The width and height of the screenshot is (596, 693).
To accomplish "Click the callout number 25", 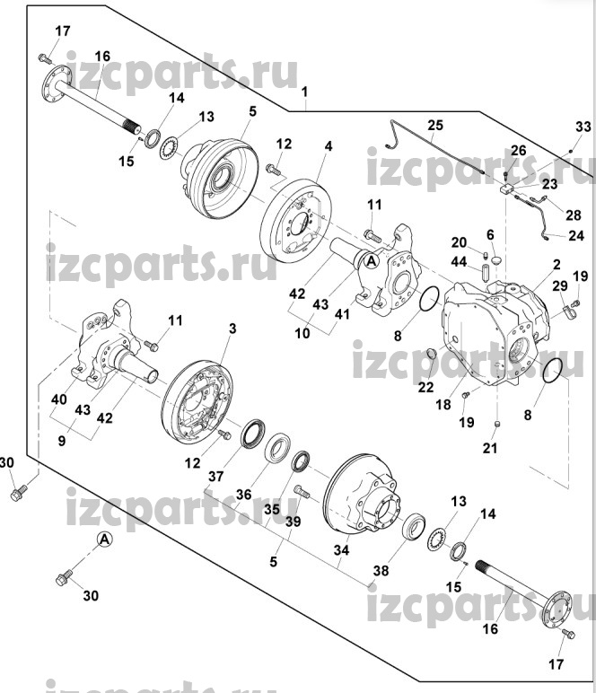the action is click(x=434, y=125).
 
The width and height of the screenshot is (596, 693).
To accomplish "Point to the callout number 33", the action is click(x=583, y=127).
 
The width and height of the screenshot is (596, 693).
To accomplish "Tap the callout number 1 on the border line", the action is click(x=304, y=92).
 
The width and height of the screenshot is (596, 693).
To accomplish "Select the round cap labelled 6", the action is click(x=495, y=259).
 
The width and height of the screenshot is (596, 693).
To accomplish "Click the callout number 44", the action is click(x=459, y=262).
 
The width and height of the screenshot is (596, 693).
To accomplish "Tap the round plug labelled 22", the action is click(x=432, y=354).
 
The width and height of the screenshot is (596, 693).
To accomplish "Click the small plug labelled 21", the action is click(x=496, y=425).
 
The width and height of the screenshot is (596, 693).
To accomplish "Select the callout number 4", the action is click(x=329, y=145).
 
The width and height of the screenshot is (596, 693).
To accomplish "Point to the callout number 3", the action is click(x=232, y=329).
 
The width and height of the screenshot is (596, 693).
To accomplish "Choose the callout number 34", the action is click(x=341, y=550).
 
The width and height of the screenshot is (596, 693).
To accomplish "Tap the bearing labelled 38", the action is click(x=413, y=525).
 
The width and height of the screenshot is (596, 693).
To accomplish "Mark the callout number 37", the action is click(x=216, y=477).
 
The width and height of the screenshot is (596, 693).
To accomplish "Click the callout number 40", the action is click(x=58, y=399).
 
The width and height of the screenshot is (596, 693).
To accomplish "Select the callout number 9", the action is click(x=62, y=441).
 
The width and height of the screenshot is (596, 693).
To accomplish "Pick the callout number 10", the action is click(x=302, y=333).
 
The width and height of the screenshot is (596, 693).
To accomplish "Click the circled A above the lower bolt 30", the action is click(x=104, y=539).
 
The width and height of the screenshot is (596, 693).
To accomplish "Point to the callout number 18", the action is click(x=443, y=404).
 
